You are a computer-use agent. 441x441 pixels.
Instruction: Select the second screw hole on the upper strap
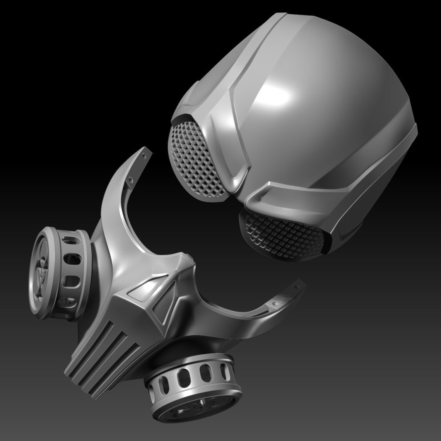coord(131,180)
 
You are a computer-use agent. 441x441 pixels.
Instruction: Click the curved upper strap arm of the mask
coord(116,201)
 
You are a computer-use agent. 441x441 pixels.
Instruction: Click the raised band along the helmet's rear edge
coord(387,174)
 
